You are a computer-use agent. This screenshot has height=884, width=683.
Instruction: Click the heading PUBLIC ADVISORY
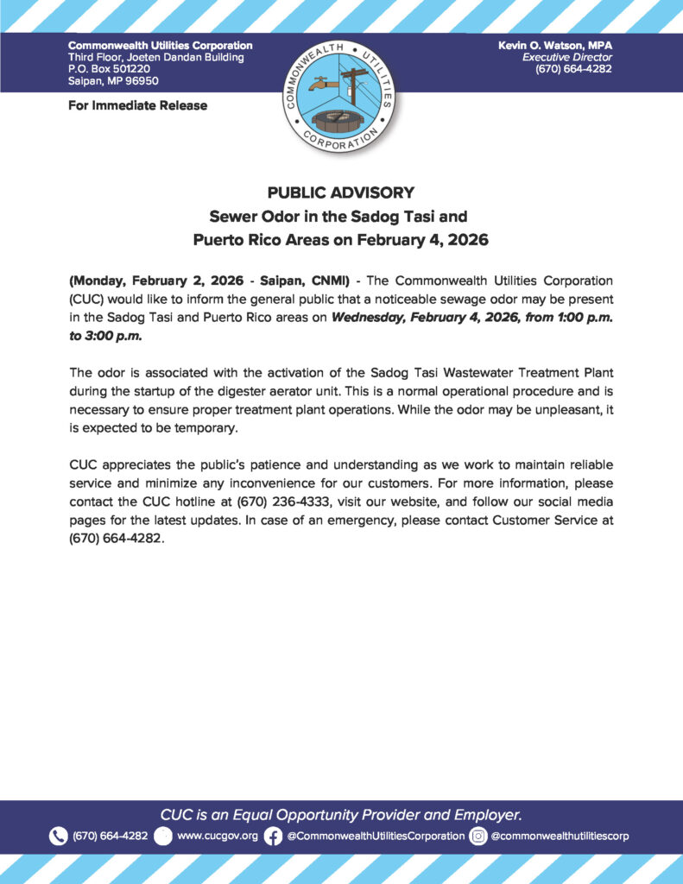[x=341, y=193]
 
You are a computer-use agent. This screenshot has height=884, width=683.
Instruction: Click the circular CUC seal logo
[x=340, y=94]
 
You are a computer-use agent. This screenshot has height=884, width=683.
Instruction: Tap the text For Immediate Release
[x=137, y=105]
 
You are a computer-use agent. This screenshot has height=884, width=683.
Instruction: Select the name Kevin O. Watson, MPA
[x=555, y=45]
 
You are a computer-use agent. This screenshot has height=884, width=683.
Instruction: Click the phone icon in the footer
[x=58, y=836]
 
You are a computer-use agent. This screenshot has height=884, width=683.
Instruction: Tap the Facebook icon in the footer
[x=273, y=836]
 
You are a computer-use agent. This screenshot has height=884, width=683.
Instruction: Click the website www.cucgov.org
[x=217, y=836]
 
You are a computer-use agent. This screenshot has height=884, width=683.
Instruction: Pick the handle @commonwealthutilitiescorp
[x=560, y=836]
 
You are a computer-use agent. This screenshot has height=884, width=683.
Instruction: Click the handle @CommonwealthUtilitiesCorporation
[x=376, y=836]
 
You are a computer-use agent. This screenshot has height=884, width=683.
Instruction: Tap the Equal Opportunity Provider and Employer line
[x=341, y=814]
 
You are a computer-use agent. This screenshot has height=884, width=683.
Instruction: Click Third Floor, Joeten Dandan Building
[x=155, y=57]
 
